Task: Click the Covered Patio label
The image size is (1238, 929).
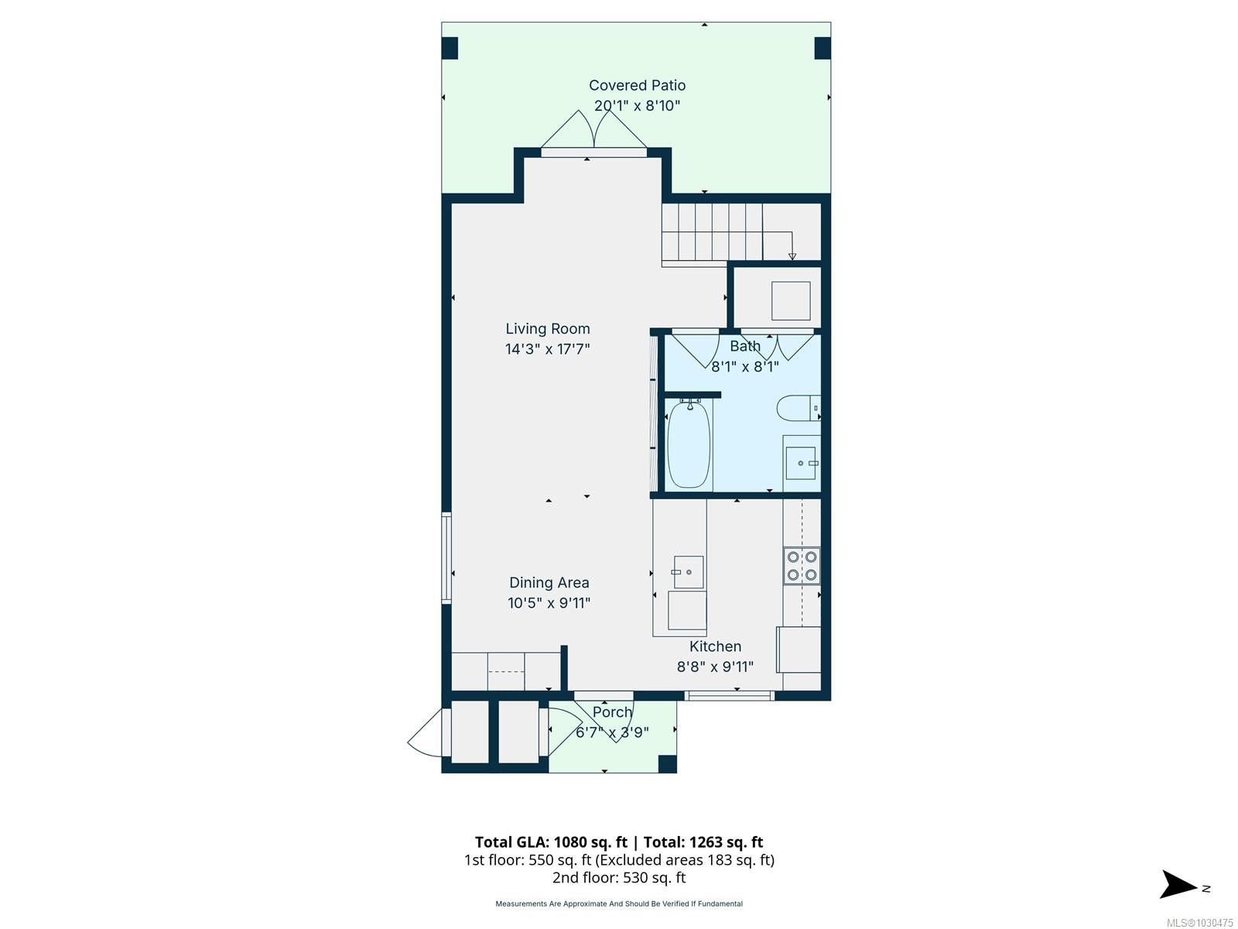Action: (637, 85)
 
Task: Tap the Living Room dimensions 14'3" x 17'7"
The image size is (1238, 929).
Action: (547, 348)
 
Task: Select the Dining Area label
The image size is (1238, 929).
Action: (549, 583)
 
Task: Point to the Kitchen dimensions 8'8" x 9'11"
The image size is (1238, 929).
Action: (715, 667)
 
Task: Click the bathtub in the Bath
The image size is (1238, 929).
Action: (689, 444)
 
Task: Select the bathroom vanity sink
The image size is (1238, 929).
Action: (801, 463)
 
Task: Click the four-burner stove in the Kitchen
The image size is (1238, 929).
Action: (802, 566)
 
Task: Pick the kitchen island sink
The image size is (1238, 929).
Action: (688, 572)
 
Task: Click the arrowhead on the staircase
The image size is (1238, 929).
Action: (792, 257)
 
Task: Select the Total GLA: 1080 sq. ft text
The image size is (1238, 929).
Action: (551, 842)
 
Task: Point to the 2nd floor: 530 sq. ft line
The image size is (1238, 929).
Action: (619, 878)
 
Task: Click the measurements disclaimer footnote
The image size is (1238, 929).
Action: (619, 903)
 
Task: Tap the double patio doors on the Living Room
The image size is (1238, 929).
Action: (594, 131)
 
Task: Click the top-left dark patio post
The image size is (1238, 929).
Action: (450, 49)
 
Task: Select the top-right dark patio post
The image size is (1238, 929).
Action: (822, 48)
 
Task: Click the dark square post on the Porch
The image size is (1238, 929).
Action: (668, 764)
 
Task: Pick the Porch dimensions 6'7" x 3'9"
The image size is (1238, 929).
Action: (612, 732)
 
